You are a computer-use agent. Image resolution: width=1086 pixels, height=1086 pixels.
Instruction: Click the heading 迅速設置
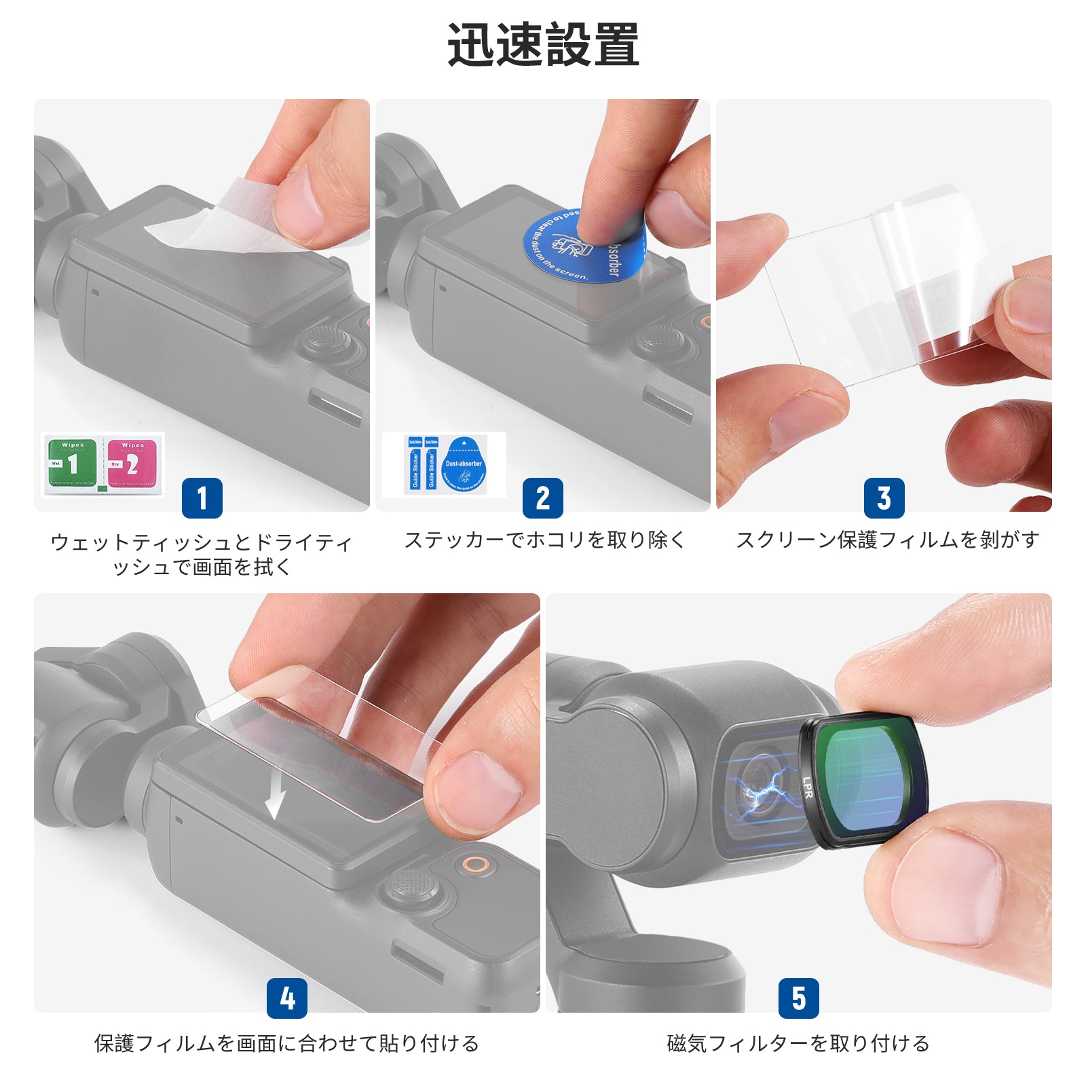coord(543,45)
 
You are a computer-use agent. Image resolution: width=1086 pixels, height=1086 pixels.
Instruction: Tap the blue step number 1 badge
coord(202,498)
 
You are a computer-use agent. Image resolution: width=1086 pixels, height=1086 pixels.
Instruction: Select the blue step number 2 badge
coord(543,498)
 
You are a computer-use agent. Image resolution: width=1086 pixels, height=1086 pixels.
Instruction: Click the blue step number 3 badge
coord(884,498)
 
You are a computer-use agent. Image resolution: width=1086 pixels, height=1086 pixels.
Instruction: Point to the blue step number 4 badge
coord(287,998)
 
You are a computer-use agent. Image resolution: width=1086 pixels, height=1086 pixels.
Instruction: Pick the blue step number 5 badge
coord(799,998)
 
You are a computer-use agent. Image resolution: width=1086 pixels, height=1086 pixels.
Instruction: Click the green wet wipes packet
coord(72,464)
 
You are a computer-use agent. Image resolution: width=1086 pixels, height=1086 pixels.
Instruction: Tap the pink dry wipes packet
coord(132,464)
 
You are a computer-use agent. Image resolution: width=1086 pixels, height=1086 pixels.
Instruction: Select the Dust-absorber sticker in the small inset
coord(464,466)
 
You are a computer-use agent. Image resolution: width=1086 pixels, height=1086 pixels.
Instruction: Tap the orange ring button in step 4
coord(475,865)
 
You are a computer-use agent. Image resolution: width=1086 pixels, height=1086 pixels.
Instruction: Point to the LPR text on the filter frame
coord(807,787)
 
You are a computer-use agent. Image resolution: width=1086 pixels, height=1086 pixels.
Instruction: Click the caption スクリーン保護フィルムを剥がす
coord(888,540)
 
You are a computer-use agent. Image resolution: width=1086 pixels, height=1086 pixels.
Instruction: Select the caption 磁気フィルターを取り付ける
coord(798,1043)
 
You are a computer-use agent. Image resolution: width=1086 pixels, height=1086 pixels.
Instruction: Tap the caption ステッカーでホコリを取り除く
coord(544,540)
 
